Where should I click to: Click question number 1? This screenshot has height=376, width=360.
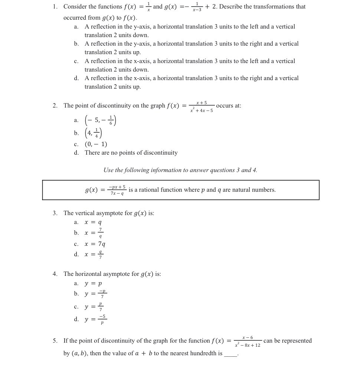tap(55, 7)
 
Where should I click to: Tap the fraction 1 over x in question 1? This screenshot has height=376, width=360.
tap(148, 7)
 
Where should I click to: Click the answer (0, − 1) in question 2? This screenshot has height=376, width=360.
tap(96, 144)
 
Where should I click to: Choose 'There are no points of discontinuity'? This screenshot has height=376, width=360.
tap(131, 153)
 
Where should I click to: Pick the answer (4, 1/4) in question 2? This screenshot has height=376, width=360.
tap(93, 133)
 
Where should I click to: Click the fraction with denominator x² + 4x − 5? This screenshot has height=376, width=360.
tap(202, 106)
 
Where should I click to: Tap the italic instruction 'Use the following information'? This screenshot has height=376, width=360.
tap(180, 170)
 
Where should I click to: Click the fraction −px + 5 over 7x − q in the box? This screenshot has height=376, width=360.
tap(117, 190)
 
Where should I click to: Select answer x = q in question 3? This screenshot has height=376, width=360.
tap(93, 222)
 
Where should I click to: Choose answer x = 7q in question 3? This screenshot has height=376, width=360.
tap(95, 244)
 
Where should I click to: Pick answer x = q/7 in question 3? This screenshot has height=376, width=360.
tap(94, 254)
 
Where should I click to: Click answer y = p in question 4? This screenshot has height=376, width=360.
tap(93, 284)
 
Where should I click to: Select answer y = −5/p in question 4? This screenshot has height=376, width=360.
tap(95, 319)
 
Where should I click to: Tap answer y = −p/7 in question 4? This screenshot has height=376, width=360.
tap(95, 294)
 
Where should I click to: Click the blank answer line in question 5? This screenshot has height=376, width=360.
tap(230, 354)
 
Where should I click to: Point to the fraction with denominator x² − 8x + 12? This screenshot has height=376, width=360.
tap(248, 342)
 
